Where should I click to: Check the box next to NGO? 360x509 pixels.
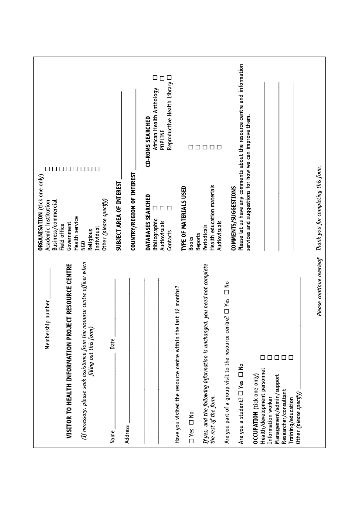coord(83,168)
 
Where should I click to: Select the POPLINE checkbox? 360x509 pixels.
coord(162,78)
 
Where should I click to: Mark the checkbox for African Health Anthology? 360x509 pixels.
coord(155,78)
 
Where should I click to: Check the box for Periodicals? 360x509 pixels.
coord(205,147)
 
